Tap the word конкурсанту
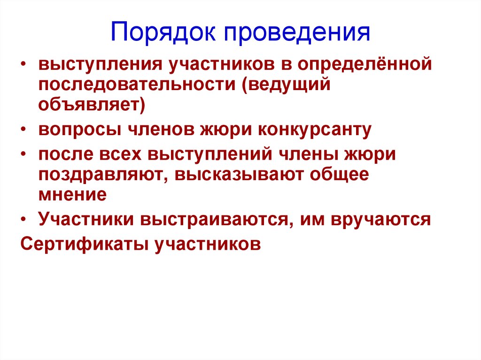[x=314, y=130]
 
